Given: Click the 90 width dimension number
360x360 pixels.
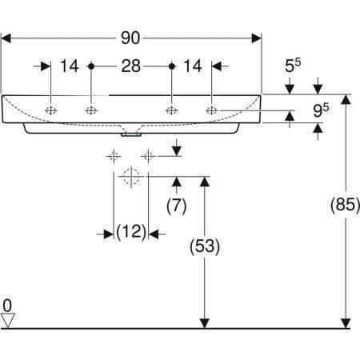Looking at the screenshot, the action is point(130,38).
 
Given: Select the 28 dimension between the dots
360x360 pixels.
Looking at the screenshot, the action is point(130,66).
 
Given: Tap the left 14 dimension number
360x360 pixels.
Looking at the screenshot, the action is point(70,66).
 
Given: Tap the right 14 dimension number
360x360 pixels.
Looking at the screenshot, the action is point(193,66).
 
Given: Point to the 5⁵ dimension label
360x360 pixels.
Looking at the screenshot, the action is point(293,66).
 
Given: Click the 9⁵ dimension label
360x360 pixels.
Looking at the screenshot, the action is point(321,110).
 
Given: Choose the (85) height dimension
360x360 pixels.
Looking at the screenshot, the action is point(346,205).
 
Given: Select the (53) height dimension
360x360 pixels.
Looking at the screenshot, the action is point(205,246).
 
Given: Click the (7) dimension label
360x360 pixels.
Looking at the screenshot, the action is point(177,206).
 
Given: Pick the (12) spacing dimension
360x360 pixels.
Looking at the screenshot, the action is point(131,231).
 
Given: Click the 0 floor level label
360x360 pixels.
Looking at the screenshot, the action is point(7,306).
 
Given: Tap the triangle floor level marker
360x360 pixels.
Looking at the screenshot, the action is point(8,320).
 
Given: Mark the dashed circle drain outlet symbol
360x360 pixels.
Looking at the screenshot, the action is point(131,176).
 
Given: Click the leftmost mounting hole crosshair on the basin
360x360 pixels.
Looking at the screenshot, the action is point(51,110).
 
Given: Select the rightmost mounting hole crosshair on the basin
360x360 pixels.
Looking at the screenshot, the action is point(212,110).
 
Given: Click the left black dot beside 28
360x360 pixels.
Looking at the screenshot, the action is point(91,66).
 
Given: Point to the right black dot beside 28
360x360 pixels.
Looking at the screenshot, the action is point(172,66).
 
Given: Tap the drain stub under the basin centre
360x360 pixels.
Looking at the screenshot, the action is point(131,134).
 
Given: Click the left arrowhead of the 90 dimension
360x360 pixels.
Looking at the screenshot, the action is point(6,38).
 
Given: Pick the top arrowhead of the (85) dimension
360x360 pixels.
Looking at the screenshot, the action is point(346,99).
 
